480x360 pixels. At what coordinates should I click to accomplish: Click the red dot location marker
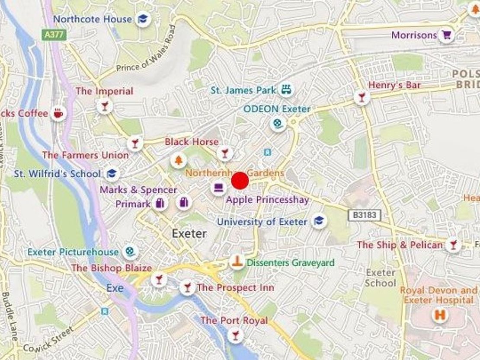[240, 181]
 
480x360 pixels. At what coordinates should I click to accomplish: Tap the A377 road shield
[54, 35]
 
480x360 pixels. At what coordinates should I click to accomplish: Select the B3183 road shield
[364, 215]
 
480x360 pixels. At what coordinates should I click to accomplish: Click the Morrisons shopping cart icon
[446, 35]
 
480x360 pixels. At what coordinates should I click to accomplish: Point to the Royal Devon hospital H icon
[440, 315]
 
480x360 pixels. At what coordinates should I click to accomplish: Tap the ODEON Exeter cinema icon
[278, 124]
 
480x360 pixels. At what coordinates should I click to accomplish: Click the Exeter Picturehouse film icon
[130, 252]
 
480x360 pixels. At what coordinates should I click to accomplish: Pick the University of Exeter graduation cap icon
[319, 221]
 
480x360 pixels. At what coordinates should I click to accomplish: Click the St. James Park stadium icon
[286, 90]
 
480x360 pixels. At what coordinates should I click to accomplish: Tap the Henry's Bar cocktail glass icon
[362, 97]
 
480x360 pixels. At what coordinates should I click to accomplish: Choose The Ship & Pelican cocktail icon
[453, 245]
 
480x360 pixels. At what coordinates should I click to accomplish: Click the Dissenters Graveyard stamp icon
[237, 261]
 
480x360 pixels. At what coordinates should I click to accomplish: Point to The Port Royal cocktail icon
[235, 335]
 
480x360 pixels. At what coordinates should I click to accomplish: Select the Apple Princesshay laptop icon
[218, 188]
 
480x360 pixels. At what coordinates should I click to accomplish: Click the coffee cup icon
[58, 113]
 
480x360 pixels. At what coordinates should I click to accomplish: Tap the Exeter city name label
[189, 233]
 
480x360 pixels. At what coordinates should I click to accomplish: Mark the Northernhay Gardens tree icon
[178, 160]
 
